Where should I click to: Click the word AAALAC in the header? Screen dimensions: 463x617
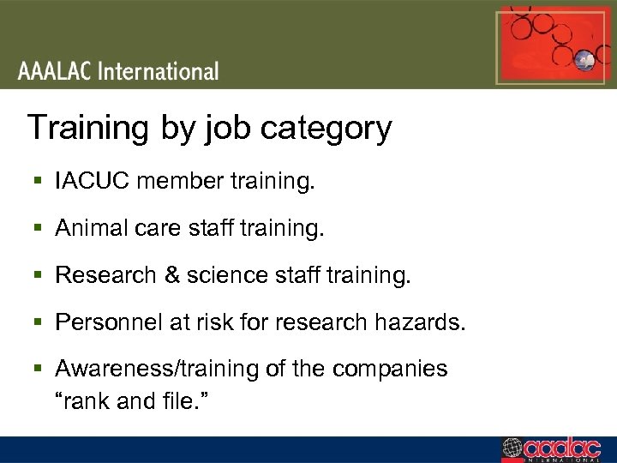coord(54,70)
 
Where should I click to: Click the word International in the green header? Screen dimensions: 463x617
coord(159,70)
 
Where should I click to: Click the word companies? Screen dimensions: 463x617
coord(390,370)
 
